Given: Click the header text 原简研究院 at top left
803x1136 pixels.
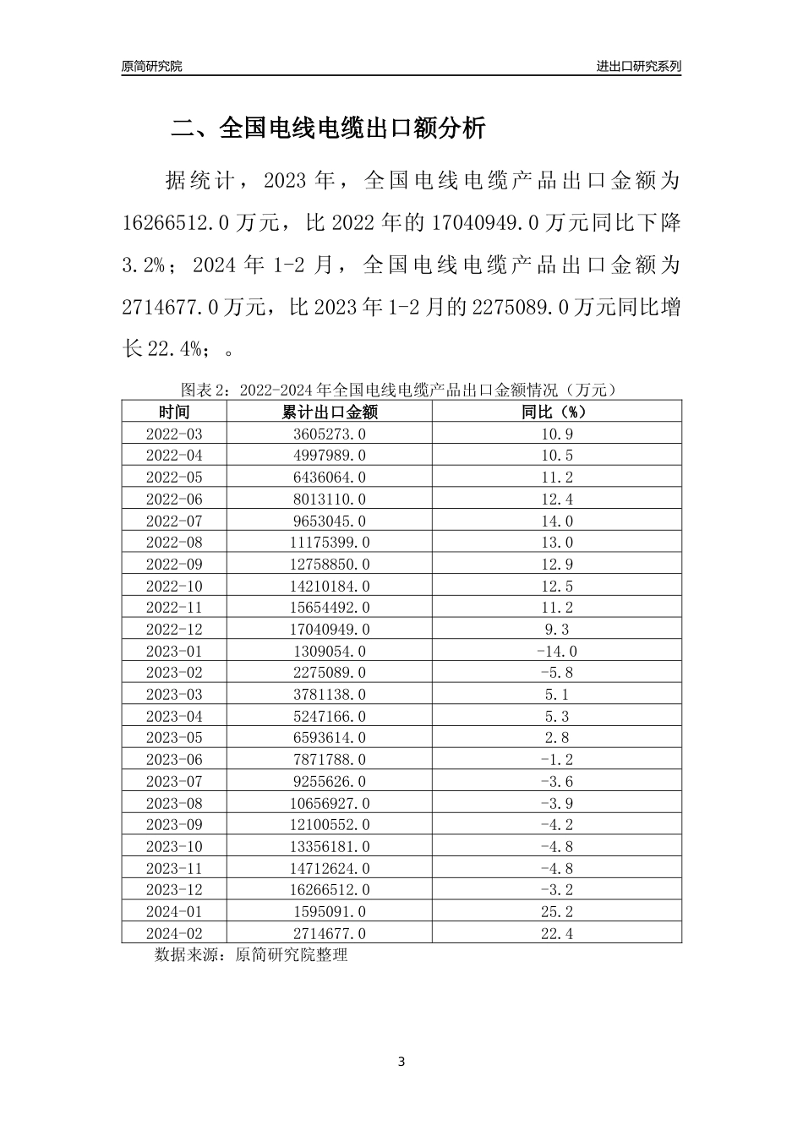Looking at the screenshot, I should (151, 66).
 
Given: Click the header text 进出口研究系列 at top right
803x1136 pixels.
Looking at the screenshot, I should (638, 66).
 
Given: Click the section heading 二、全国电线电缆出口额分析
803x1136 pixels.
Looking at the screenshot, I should (329, 128).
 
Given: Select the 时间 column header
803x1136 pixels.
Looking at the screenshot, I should (174, 412).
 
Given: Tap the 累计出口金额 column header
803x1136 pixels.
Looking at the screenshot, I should (329, 412).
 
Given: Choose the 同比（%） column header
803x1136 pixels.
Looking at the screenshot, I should (555, 412).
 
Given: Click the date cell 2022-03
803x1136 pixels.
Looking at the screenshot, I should (174, 434).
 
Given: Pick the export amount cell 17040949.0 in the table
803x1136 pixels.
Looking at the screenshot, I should (329, 629).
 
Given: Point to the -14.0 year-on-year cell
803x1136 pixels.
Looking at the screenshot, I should (556, 651).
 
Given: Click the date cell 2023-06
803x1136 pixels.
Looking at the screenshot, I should (174, 759).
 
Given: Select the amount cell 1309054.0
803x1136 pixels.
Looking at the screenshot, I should (329, 651).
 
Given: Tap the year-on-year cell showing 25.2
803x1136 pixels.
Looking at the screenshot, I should (556, 911).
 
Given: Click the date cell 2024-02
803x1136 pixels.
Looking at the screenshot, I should (174, 933).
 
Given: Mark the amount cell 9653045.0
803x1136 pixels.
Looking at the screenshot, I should (329, 521).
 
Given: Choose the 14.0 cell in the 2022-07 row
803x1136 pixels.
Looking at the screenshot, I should (556, 521).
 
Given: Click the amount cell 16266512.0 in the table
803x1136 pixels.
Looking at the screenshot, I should (329, 889).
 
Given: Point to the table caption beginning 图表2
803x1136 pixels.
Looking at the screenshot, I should (401, 390).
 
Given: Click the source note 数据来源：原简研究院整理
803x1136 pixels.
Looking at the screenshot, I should (251, 955).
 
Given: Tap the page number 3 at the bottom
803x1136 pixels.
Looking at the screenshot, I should (401, 1062).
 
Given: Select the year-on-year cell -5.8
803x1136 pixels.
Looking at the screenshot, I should (556, 673).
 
